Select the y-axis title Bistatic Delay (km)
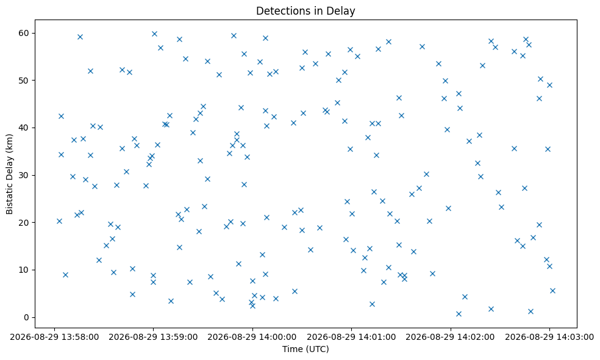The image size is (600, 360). [9, 174]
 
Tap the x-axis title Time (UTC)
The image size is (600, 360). [305, 349]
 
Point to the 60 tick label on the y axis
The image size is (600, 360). [24, 33]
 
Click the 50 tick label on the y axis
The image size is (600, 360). [24, 81]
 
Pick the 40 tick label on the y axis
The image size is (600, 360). [24, 128]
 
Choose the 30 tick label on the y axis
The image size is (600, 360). [24, 175]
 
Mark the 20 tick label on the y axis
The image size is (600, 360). [24, 223]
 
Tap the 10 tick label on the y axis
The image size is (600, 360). [24, 270]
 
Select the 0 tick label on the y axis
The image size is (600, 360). [27, 317]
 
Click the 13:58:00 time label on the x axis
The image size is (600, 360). [54, 337]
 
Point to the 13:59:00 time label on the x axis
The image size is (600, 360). [153, 337]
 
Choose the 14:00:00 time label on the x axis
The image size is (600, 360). [252, 337]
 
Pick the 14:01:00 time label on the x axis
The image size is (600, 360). [351, 337]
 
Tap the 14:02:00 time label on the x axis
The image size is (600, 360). [451, 337]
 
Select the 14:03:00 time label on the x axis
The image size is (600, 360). [549, 337]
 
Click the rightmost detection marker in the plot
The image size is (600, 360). [552, 290]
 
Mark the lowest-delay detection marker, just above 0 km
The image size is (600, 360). [459, 314]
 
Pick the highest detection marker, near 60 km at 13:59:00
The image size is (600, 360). [155, 34]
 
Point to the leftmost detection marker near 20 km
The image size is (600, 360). [59, 221]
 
